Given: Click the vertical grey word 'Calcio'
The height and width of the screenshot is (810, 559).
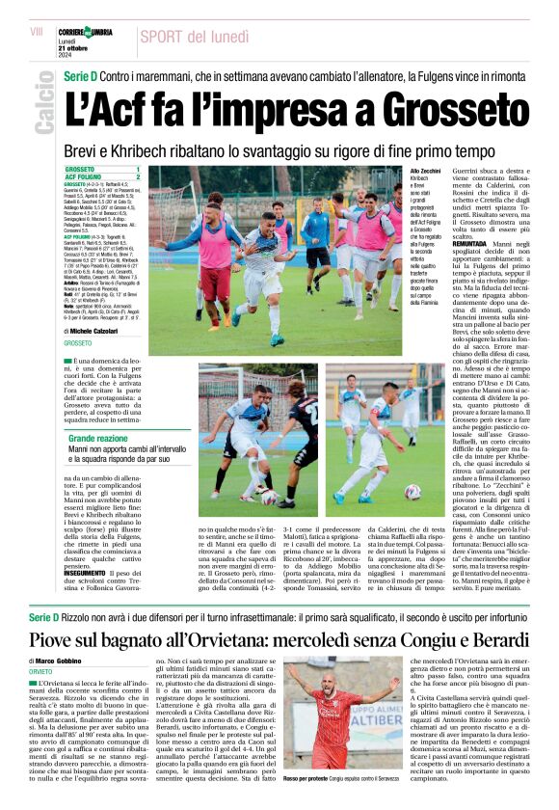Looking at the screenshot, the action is [43, 108].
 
